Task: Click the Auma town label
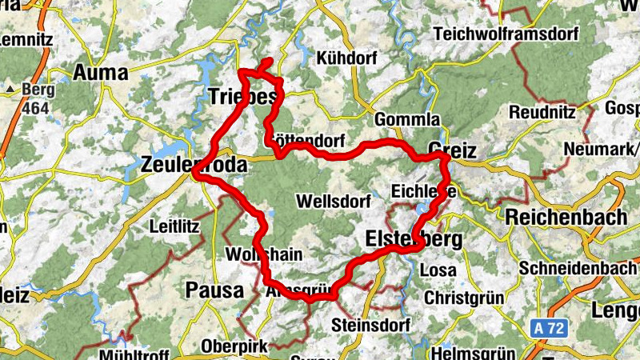[x=101, y=73]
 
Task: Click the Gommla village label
[x=407, y=119]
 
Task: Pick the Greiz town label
[x=452, y=150]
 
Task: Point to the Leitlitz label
[x=174, y=226]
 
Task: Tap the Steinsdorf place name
[x=370, y=326]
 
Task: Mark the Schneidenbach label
[x=578, y=268]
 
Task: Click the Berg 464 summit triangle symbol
[x=13, y=88]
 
